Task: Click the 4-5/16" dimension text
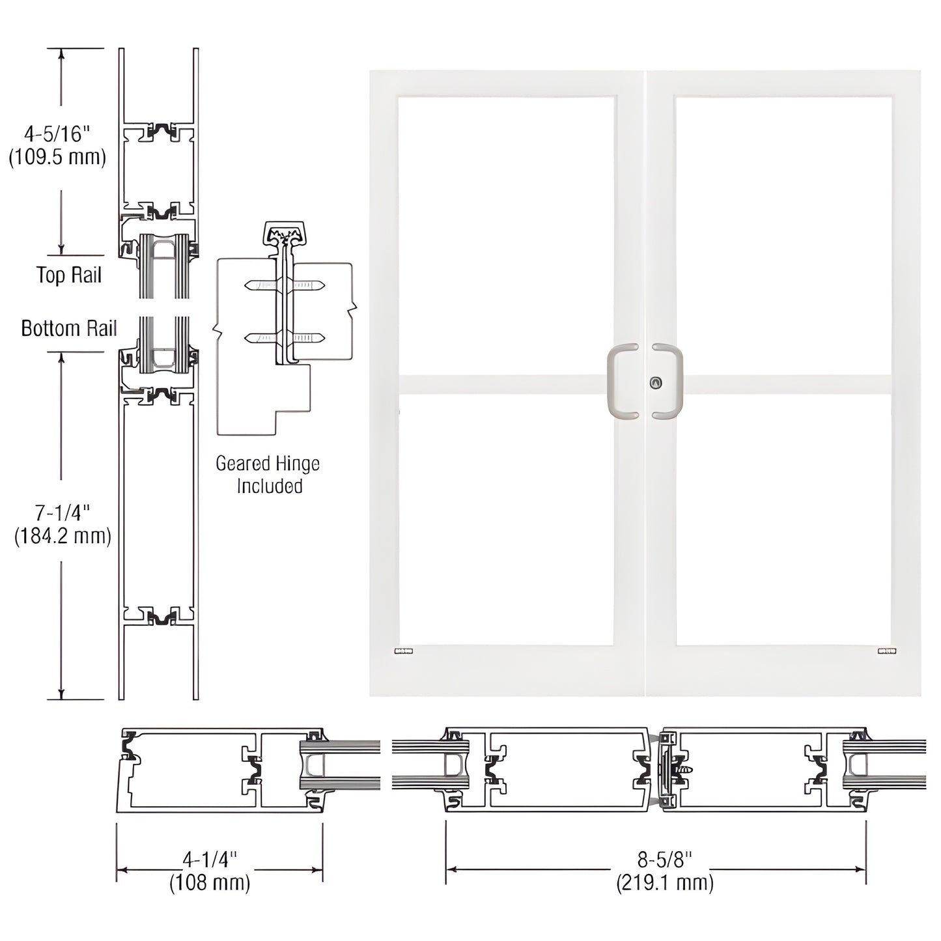click(56, 134)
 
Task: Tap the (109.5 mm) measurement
click(57, 158)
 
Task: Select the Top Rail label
click(69, 275)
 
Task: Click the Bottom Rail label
click(68, 328)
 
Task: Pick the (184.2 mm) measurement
click(63, 536)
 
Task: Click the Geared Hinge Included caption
click(268, 475)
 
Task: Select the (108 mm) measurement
click(210, 883)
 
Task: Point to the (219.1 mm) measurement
click(664, 883)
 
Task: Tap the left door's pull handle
click(617, 381)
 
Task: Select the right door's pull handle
click(674, 381)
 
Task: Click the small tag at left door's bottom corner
click(404, 651)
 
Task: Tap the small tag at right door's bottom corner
click(886, 651)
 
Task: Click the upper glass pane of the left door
click(506, 234)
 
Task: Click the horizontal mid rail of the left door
click(506, 384)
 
